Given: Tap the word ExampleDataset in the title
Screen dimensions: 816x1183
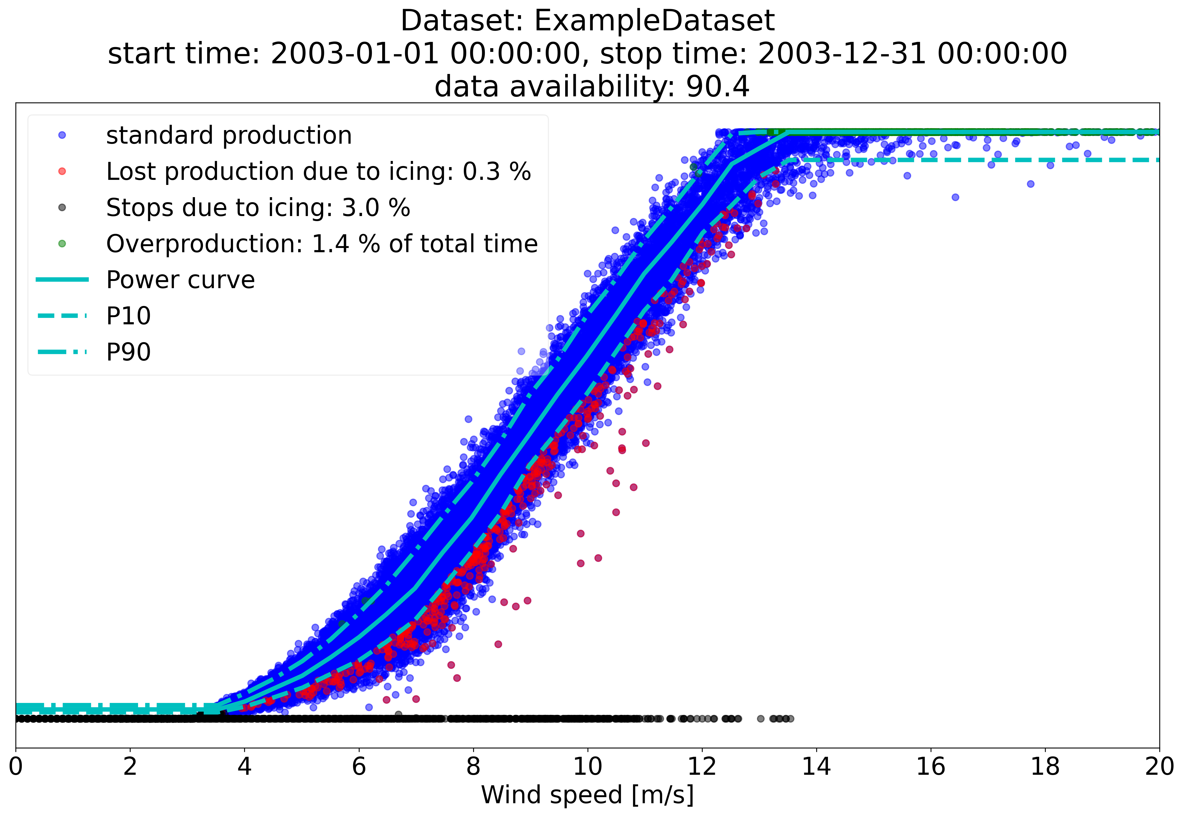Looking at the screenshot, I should point(654,21).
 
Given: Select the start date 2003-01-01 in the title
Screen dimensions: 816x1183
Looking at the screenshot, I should point(355,54).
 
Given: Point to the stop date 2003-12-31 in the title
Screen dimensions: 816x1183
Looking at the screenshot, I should point(842,54).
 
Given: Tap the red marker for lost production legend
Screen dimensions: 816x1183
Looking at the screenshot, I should point(62,171).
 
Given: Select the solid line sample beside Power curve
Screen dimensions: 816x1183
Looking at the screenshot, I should point(62,280).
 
